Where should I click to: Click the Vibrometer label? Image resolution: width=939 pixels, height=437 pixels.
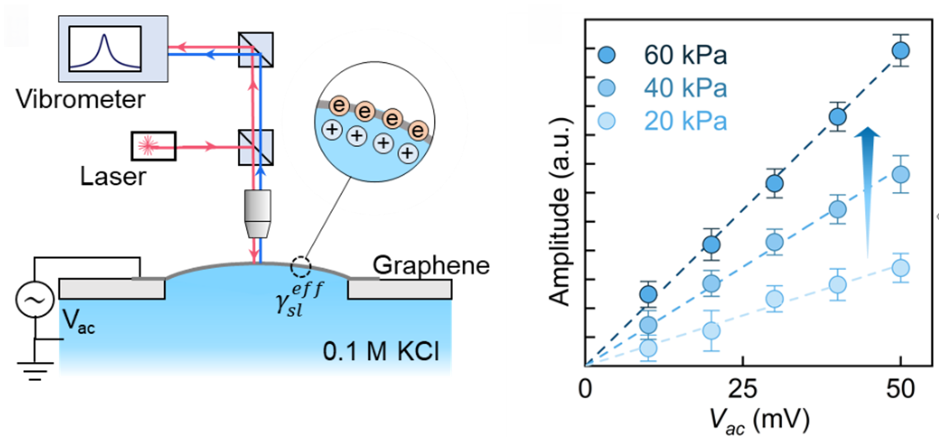tap(80, 99)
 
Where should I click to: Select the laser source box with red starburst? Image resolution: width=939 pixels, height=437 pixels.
tap(153, 146)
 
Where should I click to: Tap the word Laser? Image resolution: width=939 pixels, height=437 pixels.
tap(113, 177)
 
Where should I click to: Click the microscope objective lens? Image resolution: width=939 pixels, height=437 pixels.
tap(258, 213)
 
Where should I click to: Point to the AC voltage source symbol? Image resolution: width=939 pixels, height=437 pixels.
tap(35, 300)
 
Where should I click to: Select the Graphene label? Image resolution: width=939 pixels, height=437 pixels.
tap(431, 265)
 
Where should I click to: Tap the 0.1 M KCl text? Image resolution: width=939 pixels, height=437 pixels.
tap(381, 352)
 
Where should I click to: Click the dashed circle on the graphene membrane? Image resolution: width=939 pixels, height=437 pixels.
tap(301, 266)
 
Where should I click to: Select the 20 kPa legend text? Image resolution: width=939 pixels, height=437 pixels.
tap(685, 121)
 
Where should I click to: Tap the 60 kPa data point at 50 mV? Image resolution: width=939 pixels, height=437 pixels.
tap(900, 50)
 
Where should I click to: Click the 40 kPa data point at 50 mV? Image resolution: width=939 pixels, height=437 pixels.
tap(900, 175)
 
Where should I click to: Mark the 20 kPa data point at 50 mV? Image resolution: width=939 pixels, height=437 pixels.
tap(900, 268)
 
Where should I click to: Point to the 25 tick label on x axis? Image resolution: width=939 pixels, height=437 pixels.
tap(743, 389)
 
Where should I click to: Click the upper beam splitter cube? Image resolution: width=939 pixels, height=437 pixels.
tap(256, 49)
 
